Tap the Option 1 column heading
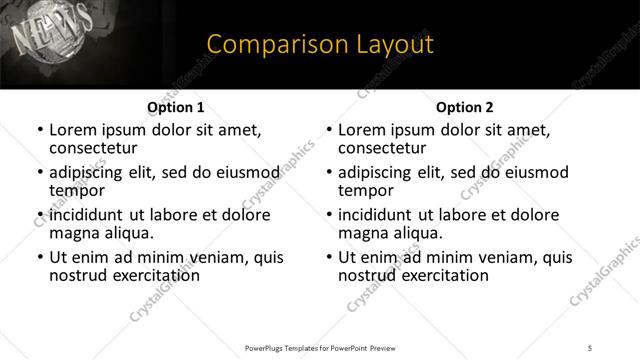pyautogui.click(x=175, y=107)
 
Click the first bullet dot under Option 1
pyautogui.click(x=40, y=131)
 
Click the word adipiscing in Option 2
pyautogui.click(x=380, y=172)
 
